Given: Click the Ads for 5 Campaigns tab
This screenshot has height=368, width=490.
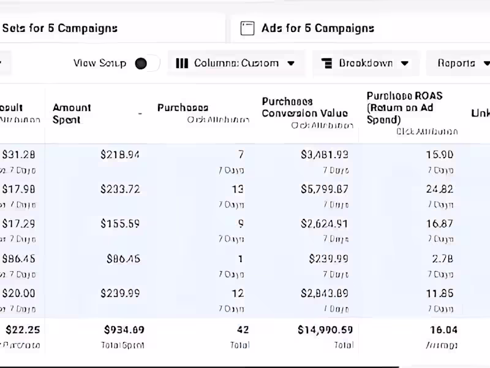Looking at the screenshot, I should click(x=317, y=28).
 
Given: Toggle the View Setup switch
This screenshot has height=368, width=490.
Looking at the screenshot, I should click(x=147, y=63).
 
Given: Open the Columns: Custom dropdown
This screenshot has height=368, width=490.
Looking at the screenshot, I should click(x=235, y=63).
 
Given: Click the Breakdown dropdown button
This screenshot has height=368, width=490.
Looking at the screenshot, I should click(x=365, y=63).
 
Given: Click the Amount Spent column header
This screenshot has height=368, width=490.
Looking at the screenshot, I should click(x=72, y=113).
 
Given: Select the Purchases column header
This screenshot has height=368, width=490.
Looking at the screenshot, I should click(x=183, y=108).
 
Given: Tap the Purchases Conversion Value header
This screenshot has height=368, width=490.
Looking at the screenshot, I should click(x=304, y=107).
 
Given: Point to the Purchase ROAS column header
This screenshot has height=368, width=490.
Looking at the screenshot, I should click(x=404, y=107).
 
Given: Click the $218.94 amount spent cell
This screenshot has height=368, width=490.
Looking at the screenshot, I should click(x=120, y=155).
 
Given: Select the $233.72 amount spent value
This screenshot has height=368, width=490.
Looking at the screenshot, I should click(x=120, y=189).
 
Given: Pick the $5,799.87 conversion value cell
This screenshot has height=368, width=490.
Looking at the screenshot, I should click(x=325, y=189).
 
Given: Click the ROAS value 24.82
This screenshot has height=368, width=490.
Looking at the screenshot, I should click(x=439, y=189).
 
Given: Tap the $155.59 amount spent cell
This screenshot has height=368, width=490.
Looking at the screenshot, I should click(x=120, y=224).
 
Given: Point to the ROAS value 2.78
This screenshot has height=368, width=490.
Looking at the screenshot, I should click(x=442, y=259).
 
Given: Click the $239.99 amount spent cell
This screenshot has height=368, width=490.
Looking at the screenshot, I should click(x=120, y=293).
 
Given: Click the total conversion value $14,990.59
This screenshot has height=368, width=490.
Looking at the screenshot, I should click(x=325, y=330).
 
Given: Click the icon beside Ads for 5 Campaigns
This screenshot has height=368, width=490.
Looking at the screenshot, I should click(x=247, y=28).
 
